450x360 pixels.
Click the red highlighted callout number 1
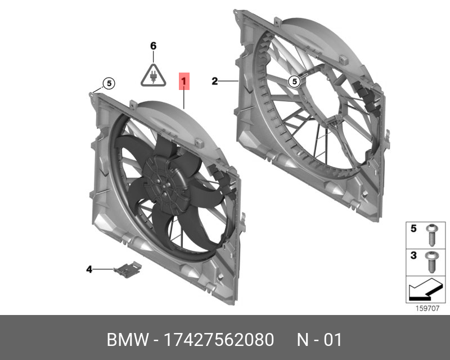185,82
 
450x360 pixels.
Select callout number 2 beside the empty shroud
214,82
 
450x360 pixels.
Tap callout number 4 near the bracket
89,270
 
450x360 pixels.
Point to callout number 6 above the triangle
153,46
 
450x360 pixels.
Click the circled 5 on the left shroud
109,84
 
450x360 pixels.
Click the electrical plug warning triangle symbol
153,74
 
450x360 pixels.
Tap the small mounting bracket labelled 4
127,271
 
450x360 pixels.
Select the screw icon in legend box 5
431,234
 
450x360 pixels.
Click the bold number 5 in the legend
413,229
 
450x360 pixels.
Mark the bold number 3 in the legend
413,256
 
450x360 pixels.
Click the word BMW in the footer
125,340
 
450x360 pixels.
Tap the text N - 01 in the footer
319,340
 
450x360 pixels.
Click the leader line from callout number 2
229,82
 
